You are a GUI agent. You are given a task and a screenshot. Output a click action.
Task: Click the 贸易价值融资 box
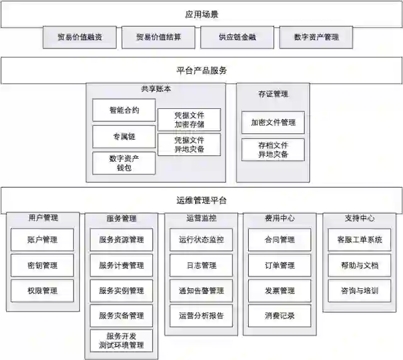click(x=79, y=37)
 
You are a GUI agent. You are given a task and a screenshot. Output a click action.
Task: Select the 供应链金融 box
click(x=237, y=37)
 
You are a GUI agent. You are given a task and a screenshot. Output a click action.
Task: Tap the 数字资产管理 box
click(x=316, y=37)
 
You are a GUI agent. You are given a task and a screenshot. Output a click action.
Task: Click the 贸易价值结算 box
click(x=159, y=37)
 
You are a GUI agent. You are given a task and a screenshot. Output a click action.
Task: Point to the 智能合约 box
click(x=124, y=110)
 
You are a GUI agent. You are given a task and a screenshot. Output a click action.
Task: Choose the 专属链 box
click(x=124, y=137)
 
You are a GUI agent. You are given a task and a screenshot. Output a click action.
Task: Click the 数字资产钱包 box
click(x=124, y=163)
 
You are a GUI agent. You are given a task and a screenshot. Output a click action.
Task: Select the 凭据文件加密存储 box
click(x=189, y=120)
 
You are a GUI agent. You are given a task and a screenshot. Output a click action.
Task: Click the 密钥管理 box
click(x=42, y=265)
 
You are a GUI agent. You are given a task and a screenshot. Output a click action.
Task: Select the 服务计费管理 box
click(x=122, y=265)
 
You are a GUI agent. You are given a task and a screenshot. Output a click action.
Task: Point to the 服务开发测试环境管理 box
click(x=122, y=340)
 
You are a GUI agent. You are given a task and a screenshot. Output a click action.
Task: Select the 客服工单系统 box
click(x=360, y=240)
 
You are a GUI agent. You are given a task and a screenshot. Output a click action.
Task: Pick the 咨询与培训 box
click(x=360, y=291)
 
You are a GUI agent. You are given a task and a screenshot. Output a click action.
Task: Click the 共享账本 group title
click(x=156, y=89)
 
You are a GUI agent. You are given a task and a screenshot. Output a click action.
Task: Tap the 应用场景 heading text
click(x=201, y=13)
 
